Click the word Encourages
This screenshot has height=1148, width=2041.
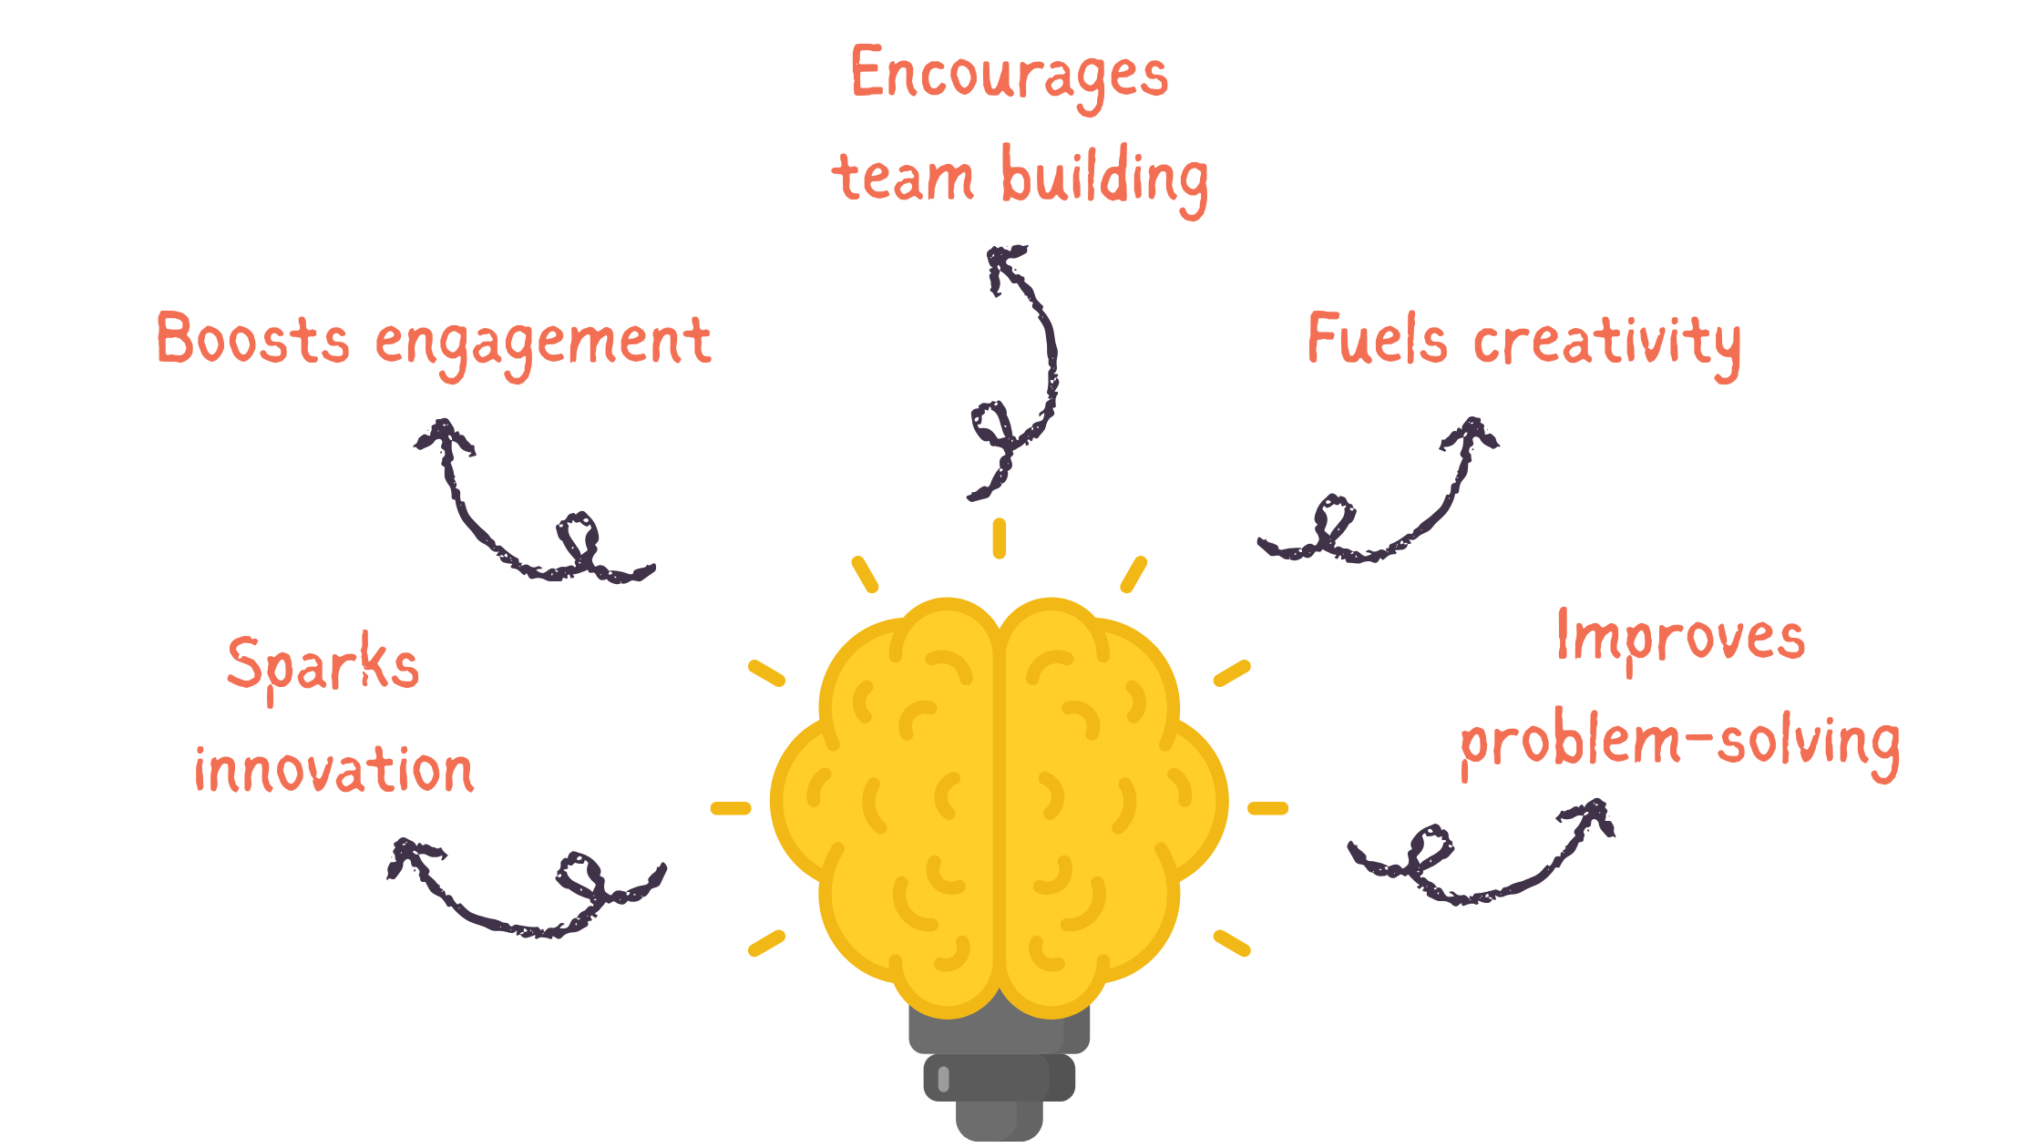coord(1009,75)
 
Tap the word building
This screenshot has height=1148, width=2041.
coord(1104,178)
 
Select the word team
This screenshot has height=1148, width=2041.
coord(902,178)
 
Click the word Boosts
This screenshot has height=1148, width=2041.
coord(252,339)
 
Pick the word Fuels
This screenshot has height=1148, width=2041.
coord(1376,339)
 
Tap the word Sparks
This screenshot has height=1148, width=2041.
coord(323,665)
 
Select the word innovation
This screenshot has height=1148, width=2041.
coord(333,770)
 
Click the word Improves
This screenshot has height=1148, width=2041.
coord(1680,638)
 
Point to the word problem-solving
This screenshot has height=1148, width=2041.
coord(1680,743)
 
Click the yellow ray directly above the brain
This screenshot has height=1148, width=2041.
coord(1000,538)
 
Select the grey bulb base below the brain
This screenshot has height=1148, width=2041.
coord(1000,1075)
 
